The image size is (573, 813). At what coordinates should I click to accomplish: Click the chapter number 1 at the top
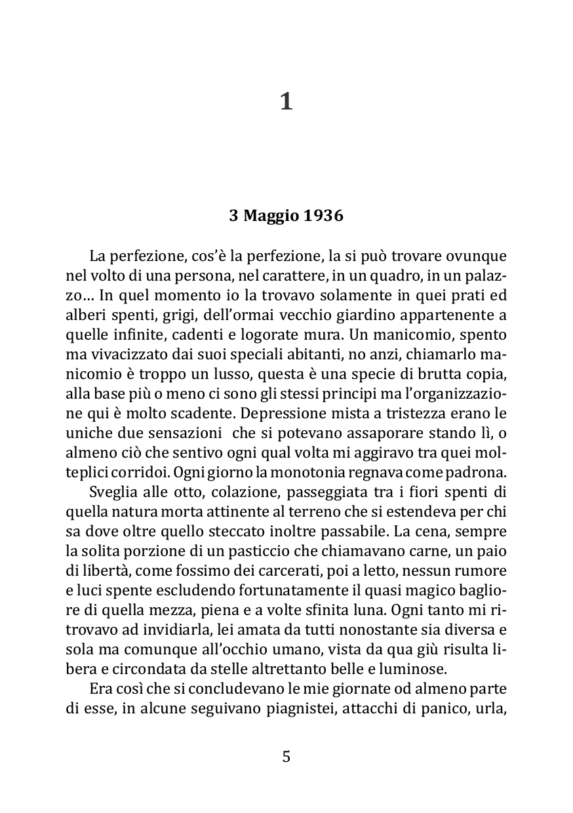click(286, 102)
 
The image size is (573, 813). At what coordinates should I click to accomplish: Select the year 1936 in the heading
click(324, 216)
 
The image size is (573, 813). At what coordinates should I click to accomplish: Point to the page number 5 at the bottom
click(286, 757)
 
